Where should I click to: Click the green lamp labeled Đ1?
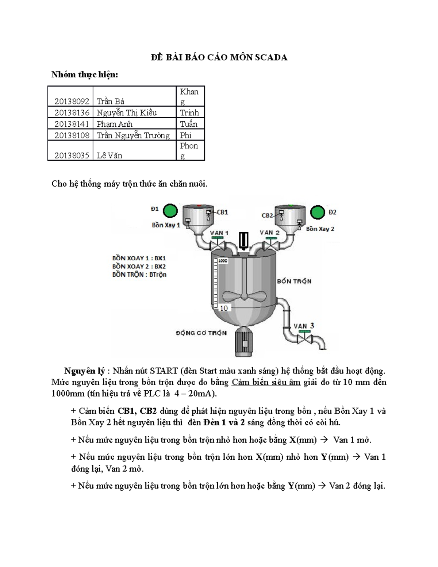(x=170, y=211)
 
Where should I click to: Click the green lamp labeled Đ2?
(x=317, y=212)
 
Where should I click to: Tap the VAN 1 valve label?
(x=219, y=233)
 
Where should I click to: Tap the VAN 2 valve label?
(x=269, y=233)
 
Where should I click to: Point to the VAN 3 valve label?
(x=304, y=326)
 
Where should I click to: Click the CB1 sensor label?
(x=222, y=212)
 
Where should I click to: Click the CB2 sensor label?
(x=267, y=215)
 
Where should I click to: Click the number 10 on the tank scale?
(x=224, y=308)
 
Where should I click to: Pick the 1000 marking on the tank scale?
(x=223, y=261)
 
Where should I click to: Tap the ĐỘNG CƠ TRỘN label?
(x=201, y=333)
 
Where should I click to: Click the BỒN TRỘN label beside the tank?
(x=294, y=281)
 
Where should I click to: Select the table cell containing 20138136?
(x=72, y=112)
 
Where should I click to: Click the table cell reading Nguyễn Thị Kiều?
(x=126, y=112)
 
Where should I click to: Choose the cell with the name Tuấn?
(x=189, y=124)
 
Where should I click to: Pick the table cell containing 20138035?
(x=72, y=156)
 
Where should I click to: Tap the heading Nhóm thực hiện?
(x=85, y=74)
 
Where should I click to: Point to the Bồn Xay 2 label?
(x=320, y=229)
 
